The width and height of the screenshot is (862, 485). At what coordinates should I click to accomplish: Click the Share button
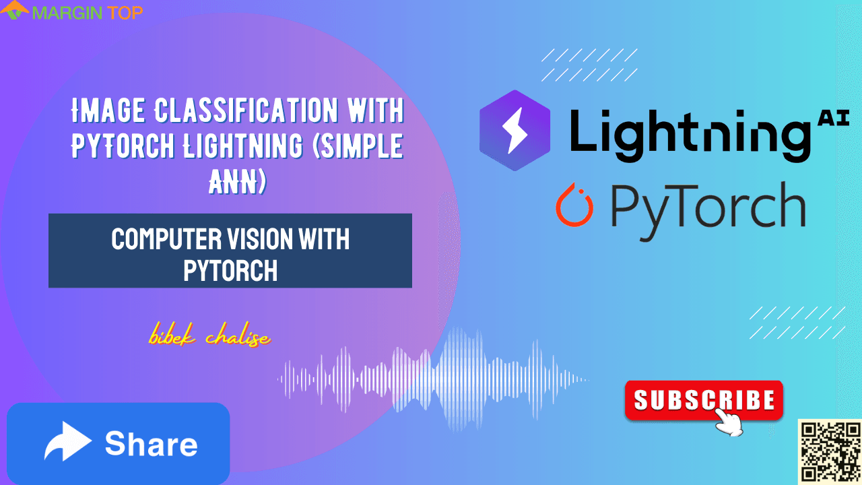(119, 443)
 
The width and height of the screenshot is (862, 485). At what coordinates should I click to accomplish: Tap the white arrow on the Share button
(67, 443)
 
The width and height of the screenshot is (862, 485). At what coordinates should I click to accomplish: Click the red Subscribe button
(704, 401)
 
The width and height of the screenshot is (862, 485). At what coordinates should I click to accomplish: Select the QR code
(830, 451)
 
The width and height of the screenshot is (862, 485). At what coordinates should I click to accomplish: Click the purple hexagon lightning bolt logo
(514, 130)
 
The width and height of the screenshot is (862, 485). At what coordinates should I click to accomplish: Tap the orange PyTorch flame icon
(574, 205)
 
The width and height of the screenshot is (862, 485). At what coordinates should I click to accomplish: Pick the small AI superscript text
(832, 119)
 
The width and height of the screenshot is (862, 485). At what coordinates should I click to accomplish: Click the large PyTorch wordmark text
(707, 205)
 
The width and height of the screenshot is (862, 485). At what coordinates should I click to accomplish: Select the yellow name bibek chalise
(209, 337)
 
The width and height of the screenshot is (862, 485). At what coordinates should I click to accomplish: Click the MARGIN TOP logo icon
(15, 11)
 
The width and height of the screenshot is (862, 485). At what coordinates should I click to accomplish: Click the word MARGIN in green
(63, 12)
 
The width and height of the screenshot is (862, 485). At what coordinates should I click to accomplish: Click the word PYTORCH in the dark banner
(230, 270)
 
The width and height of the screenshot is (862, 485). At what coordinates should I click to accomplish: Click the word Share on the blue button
(151, 444)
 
